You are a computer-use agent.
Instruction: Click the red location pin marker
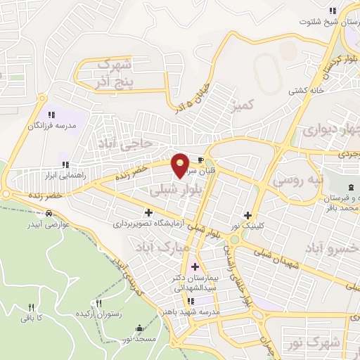point(180,165)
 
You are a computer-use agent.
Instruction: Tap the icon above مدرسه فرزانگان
point(51,114)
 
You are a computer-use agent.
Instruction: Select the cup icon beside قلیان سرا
point(203,160)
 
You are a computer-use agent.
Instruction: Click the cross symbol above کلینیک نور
point(247,215)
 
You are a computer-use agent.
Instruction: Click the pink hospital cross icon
point(195,267)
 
